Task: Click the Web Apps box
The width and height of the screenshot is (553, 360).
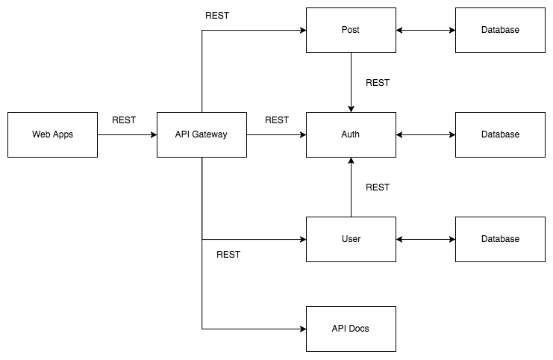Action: tap(52, 134)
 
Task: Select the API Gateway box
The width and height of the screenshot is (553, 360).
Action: tap(201, 134)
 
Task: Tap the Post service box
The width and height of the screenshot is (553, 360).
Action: tap(351, 30)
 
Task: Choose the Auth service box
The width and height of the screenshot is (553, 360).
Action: tap(351, 134)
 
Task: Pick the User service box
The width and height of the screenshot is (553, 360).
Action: tap(351, 239)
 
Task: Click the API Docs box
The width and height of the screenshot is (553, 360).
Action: tap(351, 329)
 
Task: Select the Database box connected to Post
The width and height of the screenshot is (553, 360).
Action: tap(500, 30)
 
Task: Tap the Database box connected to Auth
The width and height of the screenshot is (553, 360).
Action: tap(500, 134)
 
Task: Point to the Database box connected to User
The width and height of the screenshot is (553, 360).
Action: tap(500, 239)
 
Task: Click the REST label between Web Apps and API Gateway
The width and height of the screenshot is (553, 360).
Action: tap(124, 120)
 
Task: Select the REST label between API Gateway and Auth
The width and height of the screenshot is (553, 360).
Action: tap(276, 120)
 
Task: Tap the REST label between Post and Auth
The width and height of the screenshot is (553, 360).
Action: tap(378, 82)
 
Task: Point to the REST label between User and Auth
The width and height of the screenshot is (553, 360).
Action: tap(378, 187)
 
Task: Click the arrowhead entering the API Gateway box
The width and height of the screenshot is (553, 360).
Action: tap(153, 134)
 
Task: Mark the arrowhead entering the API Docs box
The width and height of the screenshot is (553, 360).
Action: tap(302, 329)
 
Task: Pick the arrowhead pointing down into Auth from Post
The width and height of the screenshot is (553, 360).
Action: tap(351, 108)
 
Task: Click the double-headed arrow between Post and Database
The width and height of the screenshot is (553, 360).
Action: tap(425, 30)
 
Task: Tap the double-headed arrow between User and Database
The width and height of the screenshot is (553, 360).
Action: tap(425, 239)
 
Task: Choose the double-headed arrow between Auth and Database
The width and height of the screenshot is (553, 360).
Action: tap(425, 134)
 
